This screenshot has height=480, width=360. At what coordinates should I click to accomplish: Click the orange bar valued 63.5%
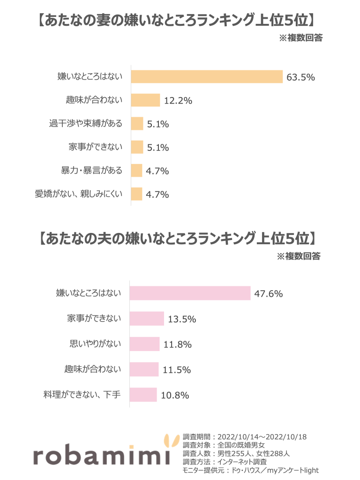[207, 77]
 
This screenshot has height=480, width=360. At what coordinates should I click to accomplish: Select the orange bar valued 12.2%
[145, 100]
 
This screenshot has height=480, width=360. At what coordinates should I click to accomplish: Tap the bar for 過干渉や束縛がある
[137, 124]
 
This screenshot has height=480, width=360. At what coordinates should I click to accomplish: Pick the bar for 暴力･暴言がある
[136, 171]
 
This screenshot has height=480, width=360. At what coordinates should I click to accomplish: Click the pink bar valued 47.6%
[190, 293]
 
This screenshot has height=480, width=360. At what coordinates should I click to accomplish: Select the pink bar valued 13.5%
[147, 319]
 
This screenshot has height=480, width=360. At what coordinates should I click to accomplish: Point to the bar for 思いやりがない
[144, 344]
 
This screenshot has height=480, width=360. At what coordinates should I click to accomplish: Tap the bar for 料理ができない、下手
[143, 395]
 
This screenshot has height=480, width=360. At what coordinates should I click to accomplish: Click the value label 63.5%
[300, 77]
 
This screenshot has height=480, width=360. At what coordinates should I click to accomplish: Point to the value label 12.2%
[178, 101]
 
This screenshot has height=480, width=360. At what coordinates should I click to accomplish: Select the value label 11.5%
[177, 370]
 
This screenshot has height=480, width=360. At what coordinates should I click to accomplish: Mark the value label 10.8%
[175, 395]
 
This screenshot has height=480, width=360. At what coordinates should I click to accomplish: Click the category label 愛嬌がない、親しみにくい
[79, 194]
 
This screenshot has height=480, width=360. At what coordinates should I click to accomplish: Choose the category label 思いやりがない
[95, 344]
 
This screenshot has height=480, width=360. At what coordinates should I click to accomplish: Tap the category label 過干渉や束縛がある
[86, 124]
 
